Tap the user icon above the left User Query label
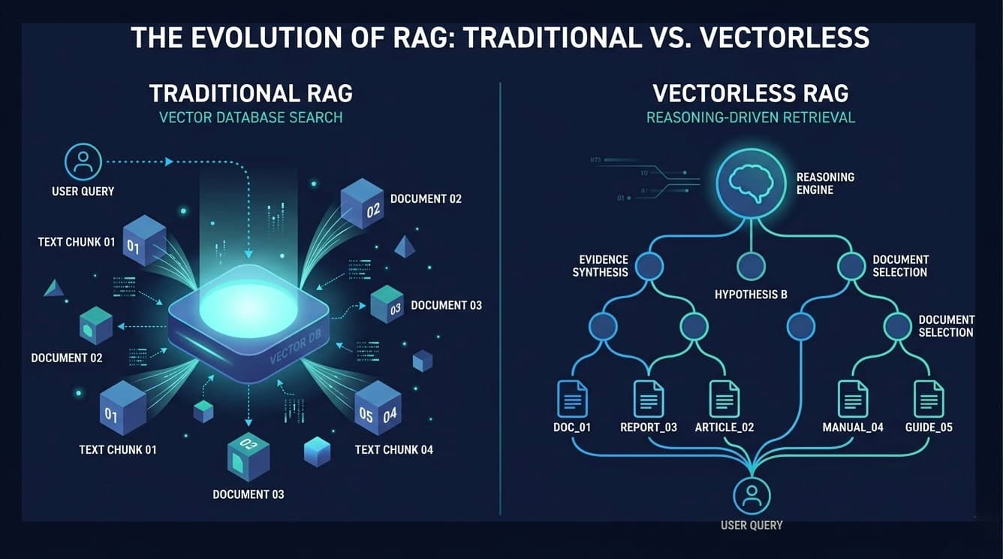[83, 162]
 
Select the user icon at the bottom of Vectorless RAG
[751, 496]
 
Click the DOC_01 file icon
[573, 399]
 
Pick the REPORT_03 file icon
[649, 399]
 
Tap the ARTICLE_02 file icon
[724, 399]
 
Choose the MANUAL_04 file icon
[853, 399]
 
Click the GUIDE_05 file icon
[929, 399]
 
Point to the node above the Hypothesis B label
[751, 266]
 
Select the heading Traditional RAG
[251, 93]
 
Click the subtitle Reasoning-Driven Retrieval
[751, 118]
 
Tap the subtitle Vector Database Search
[251, 118]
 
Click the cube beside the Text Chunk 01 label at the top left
[143, 240]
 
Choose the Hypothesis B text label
[751, 295]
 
